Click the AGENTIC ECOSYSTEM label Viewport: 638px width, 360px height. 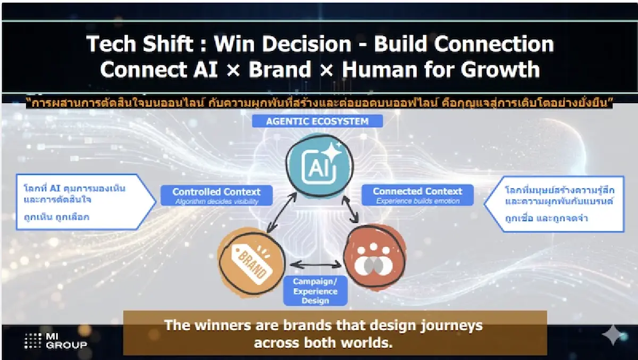click(x=317, y=121)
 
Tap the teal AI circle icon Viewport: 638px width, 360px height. click(x=320, y=166)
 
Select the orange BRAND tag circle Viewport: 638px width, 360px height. click(x=251, y=262)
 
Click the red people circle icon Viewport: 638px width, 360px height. click(x=375, y=258)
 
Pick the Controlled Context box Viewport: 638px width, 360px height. click(x=216, y=195)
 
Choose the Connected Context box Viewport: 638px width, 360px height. click(x=417, y=195)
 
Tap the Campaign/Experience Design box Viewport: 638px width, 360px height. click(x=315, y=291)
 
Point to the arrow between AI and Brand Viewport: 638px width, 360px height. click(x=282, y=213)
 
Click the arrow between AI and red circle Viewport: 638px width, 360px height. click(x=350, y=210)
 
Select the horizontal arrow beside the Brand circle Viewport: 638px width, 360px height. click(x=316, y=265)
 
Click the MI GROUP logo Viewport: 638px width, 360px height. click(x=55, y=341)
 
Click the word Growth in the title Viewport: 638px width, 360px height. click(x=500, y=69)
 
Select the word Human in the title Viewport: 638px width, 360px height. click(x=380, y=69)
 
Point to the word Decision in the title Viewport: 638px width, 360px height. click(x=306, y=44)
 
